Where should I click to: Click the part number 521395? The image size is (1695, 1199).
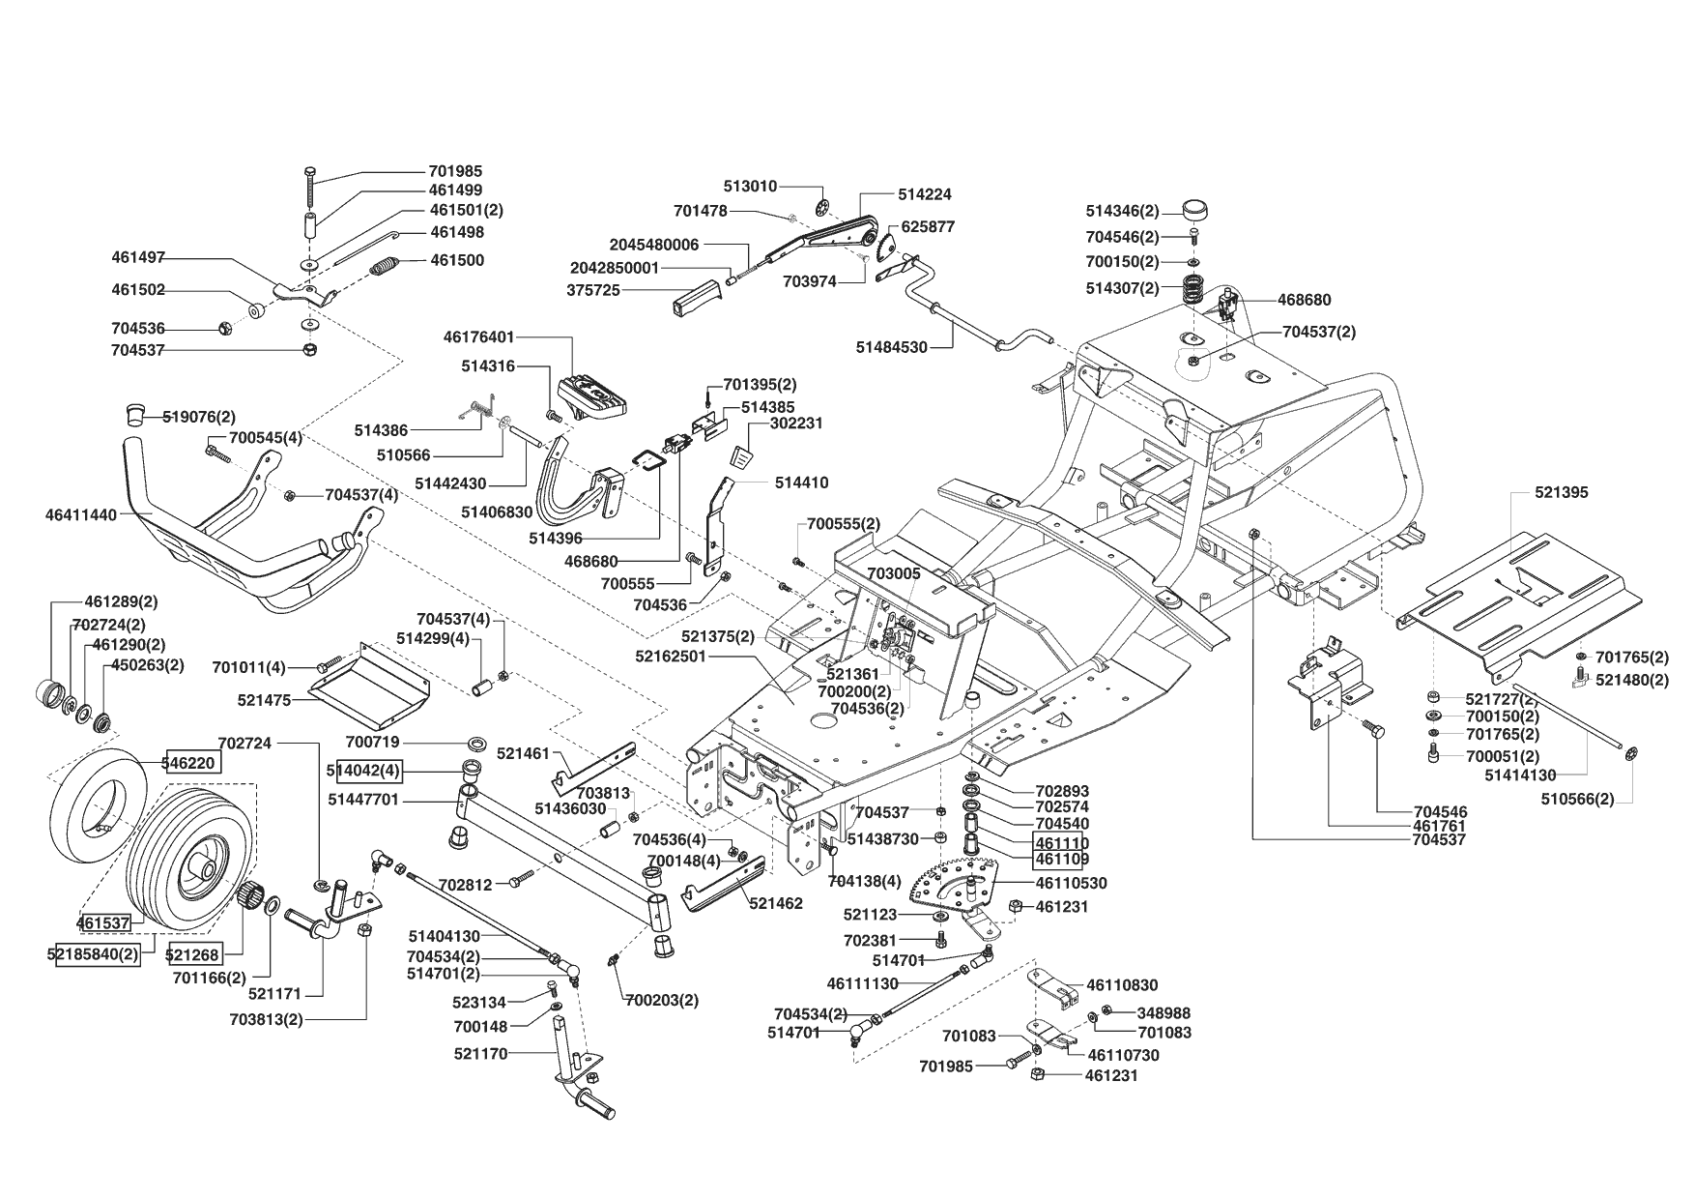click(1561, 492)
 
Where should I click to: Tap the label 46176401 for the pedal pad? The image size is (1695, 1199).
click(479, 337)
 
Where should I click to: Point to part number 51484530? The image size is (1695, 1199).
click(891, 346)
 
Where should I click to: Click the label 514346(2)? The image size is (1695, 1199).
click(1122, 211)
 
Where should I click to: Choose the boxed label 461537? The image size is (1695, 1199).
click(103, 923)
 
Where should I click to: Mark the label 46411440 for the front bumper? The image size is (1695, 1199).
click(81, 515)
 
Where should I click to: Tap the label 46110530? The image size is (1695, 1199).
click(1071, 883)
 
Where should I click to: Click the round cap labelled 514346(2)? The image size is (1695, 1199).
click(1196, 212)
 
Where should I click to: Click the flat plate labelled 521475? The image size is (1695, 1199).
click(370, 687)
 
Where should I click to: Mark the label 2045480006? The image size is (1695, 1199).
click(654, 245)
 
